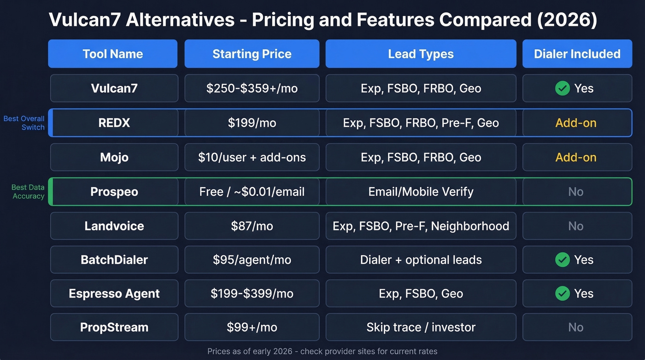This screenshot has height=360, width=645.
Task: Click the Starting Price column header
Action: pos(252,54)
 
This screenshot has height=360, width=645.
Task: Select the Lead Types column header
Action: pos(421,54)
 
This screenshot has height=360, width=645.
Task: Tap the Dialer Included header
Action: pos(577,54)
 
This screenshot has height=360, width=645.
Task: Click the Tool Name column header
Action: pos(113,54)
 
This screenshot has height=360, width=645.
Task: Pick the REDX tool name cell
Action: pos(114,123)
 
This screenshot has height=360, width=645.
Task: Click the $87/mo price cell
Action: pos(252,226)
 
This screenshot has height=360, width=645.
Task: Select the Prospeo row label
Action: pos(114,192)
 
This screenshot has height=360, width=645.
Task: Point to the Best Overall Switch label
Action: pos(24,123)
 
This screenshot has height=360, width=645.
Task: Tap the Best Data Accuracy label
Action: pos(28,192)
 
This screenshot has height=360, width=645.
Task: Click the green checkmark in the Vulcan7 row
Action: pos(562,88)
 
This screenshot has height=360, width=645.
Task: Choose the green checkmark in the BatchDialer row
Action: pos(562,260)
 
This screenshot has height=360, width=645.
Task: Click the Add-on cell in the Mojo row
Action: pos(576,158)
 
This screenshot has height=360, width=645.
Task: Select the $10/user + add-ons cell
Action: pos(252,158)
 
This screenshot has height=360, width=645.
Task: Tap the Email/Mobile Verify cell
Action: pos(421,192)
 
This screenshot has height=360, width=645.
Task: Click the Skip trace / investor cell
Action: pos(421,328)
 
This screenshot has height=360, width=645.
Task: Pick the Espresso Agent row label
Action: pos(114,294)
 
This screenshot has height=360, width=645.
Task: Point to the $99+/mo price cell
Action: pos(252,328)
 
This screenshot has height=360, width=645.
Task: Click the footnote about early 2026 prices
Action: pos(322,351)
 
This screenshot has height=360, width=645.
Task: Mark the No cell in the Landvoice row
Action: pos(576,226)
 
